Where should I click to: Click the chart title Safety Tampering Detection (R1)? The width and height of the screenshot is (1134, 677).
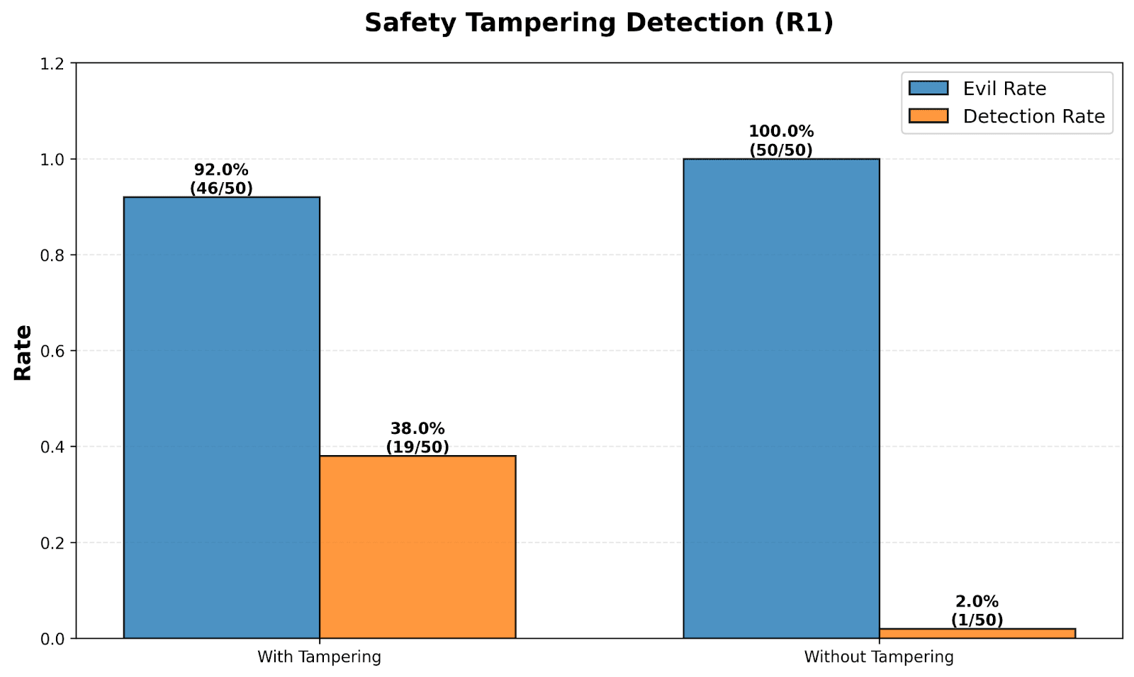coord(599,23)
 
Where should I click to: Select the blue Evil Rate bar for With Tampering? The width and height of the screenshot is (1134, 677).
coord(222,418)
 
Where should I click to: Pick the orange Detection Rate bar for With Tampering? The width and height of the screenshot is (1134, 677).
coord(417,547)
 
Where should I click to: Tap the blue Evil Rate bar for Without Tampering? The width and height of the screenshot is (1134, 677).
coord(781,398)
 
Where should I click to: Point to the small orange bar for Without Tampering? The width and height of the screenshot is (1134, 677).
coord(977,634)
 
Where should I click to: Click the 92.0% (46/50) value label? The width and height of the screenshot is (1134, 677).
coord(221,179)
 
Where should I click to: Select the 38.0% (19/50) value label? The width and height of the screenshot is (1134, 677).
coord(417,437)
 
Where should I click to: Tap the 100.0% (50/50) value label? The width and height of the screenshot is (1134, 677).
coord(781,141)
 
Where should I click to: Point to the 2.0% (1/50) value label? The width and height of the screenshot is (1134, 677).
coord(977,610)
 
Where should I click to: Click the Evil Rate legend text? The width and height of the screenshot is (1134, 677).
coord(1004,89)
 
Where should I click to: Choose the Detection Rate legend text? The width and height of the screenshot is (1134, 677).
coord(1034,116)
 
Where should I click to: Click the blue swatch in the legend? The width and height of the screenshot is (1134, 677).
coord(928,88)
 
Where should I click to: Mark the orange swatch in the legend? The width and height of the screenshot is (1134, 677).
coord(928,116)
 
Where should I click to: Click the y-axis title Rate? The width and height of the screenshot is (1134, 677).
coord(23,352)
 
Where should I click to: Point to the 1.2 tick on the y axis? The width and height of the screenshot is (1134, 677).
coord(52,65)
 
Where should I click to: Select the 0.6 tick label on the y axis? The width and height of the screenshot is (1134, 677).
coord(52,352)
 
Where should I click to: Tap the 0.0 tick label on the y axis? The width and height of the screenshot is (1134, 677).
coord(52,639)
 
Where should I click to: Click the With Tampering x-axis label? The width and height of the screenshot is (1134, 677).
coord(320,656)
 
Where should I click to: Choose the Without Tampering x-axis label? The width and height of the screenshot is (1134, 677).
coord(879,656)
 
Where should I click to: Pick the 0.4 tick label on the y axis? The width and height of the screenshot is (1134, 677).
coord(52,447)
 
